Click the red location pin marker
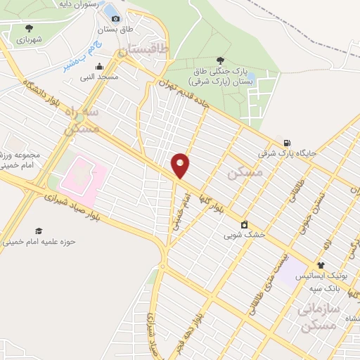181,165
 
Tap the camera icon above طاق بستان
115,18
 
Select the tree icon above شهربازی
29,28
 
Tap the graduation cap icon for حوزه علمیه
38,231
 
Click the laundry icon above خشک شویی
243,224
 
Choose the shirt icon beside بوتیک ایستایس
321,266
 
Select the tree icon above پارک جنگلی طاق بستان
220,60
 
